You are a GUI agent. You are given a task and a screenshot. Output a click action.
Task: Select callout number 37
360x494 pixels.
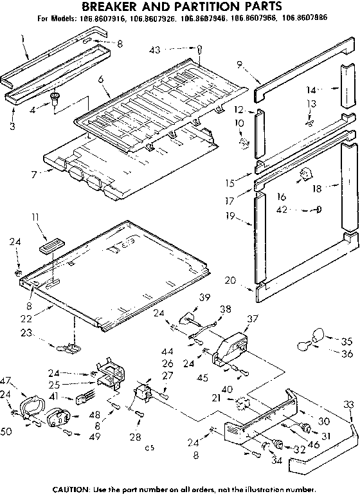tap(253, 318)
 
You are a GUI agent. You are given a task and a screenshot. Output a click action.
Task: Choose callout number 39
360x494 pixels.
tap(204, 297)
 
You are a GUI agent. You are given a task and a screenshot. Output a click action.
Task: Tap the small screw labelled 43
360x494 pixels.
tap(200, 48)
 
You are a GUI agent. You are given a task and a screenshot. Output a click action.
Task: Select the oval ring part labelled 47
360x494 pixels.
tap(30, 407)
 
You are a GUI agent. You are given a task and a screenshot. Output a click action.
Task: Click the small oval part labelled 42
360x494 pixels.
tap(319, 209)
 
